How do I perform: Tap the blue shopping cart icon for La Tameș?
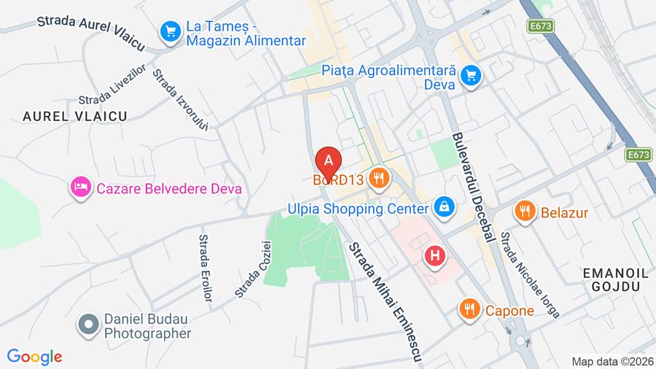(x=171, y=31)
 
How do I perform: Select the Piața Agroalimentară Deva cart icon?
(x=472, y=74)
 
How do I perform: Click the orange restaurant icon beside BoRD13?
(x=378, y=177)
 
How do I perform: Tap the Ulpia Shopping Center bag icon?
(x=442, y=208)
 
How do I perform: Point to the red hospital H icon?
(x=435, y=256)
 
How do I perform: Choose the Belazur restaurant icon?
(x=524, y=211)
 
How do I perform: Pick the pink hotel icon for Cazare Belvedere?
(x=79, y=187)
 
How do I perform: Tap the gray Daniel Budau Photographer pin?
(x=89, y=325)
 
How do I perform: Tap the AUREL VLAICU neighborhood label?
(x=75, y=116)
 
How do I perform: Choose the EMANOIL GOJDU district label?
(x=616, y=279)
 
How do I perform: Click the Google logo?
(x=34, y=357)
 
